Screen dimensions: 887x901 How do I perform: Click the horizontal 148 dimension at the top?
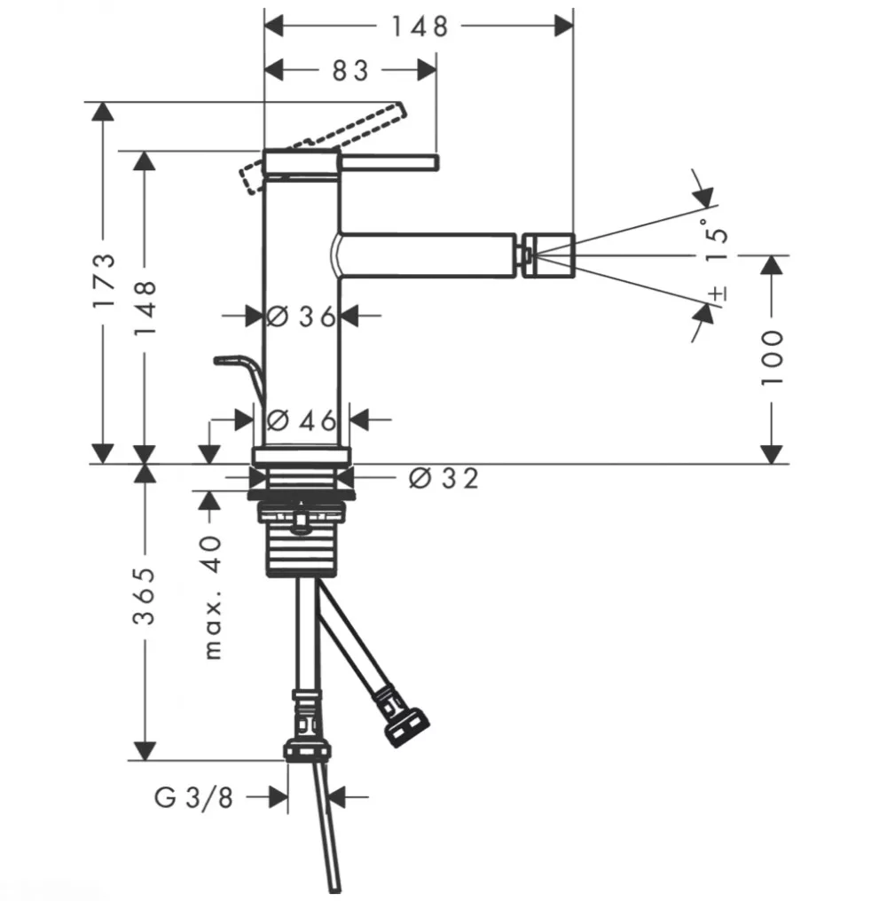tap(420, 27)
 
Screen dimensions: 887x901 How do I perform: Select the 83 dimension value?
tap(350, 71)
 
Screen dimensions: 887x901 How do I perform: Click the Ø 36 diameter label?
tap(302, 317)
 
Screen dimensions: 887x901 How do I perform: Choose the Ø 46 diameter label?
tap(302, 421)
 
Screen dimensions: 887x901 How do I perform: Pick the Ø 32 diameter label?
tap(443, 479)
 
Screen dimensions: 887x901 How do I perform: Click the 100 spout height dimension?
tap(772, 357)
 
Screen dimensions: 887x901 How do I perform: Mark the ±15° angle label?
tap(717, 259)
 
